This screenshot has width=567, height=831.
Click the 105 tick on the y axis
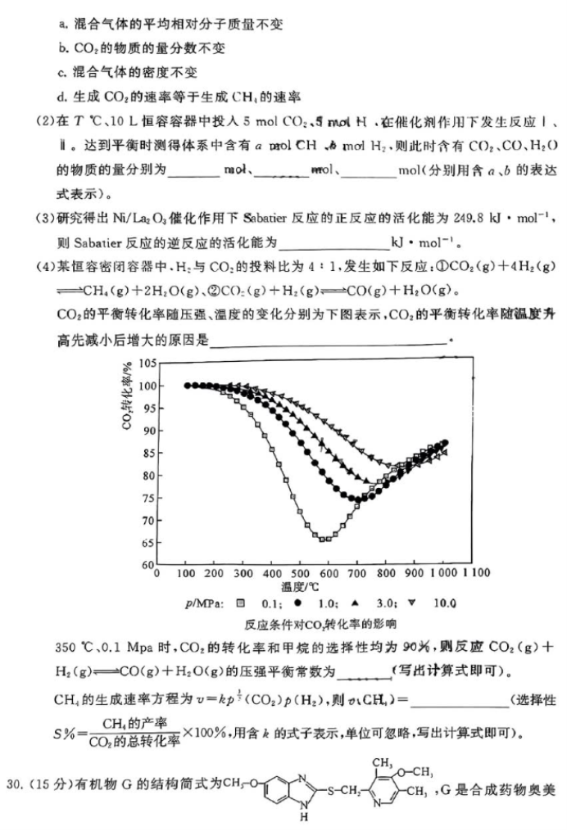pos(146,362)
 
